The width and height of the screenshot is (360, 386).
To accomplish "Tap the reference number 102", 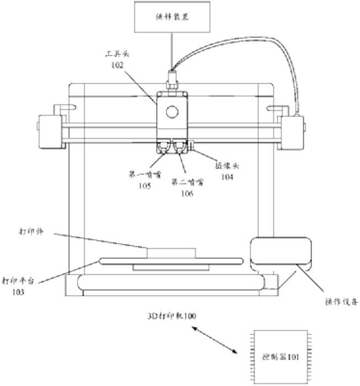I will pos(117,65).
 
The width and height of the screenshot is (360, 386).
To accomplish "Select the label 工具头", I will pos(117,56).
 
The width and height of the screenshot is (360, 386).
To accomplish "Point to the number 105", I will pos(145,186).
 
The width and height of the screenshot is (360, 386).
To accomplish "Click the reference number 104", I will pos(226,178).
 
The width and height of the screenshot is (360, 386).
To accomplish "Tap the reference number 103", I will pos(17,291).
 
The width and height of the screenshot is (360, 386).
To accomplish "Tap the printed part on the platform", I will pos(171,252).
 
